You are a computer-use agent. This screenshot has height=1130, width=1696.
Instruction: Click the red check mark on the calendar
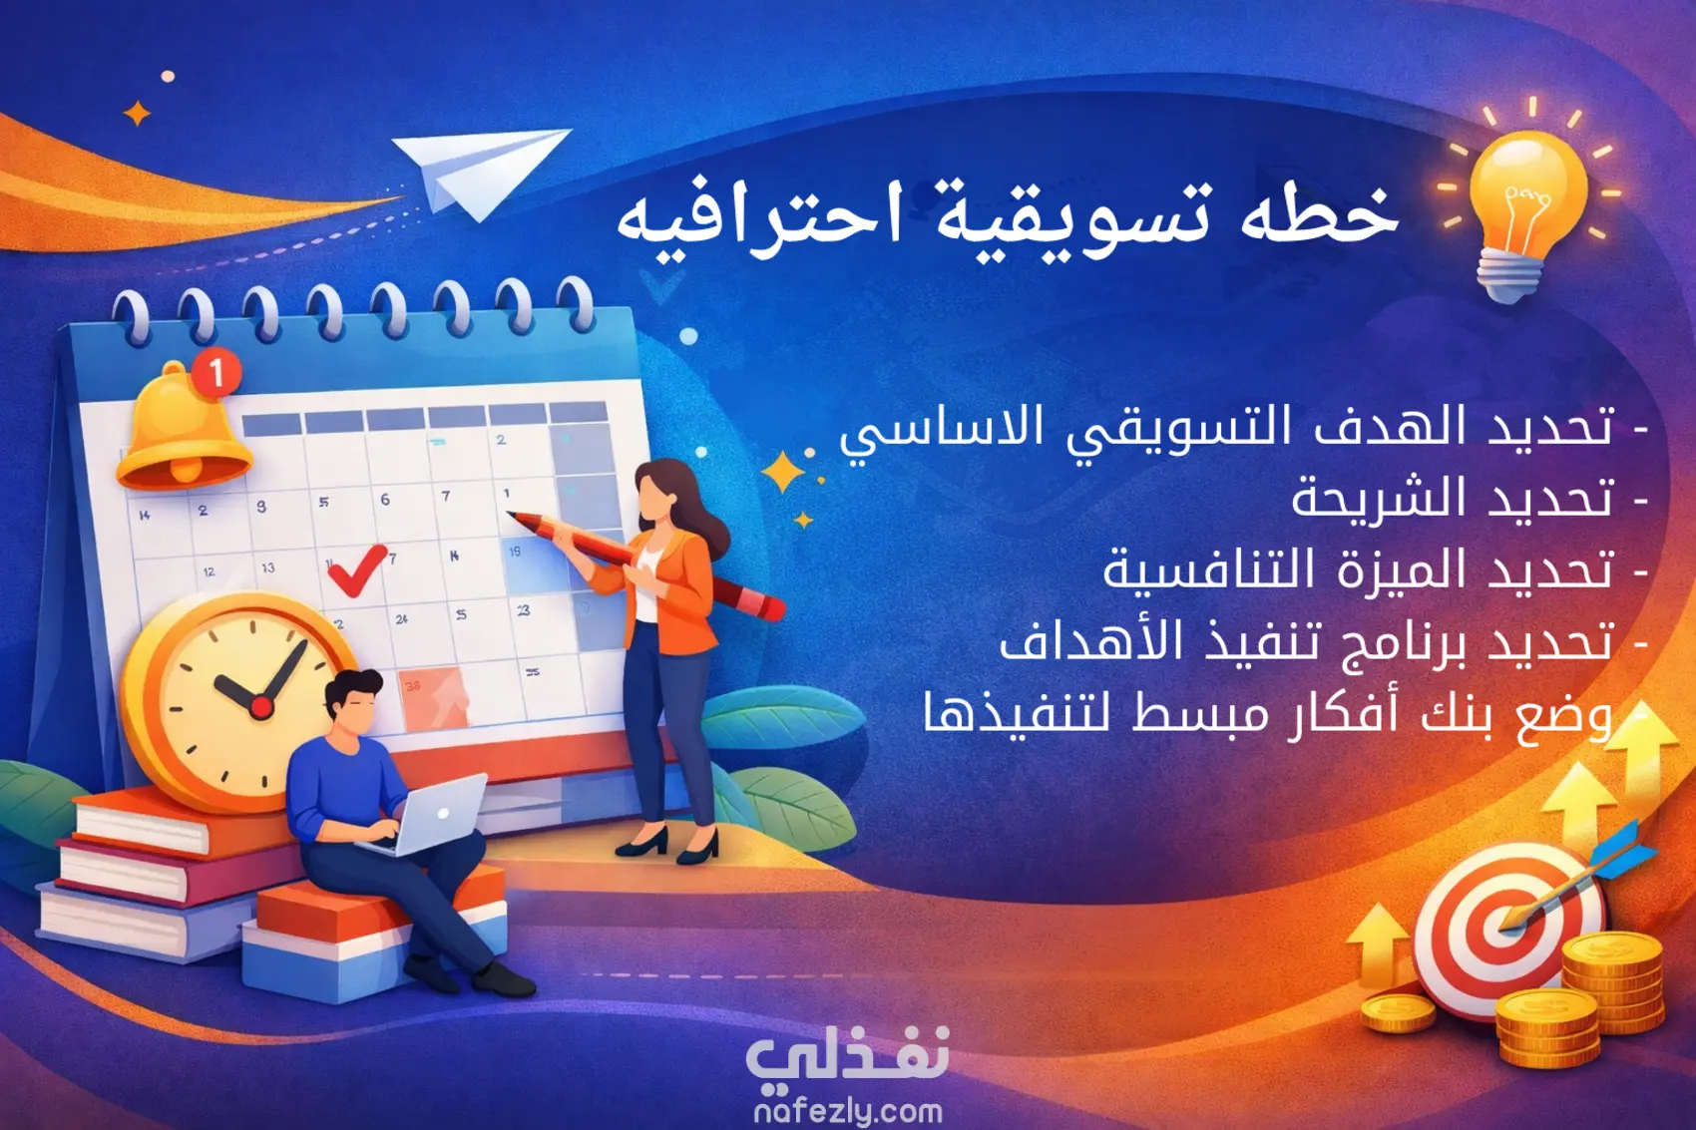tap(356, 569)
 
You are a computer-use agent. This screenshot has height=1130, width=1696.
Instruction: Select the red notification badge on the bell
tap(216, 372)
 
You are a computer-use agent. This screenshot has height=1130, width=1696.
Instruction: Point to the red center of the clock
tap(261, 708)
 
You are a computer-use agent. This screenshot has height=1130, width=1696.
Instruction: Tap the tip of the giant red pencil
tap(509, 515)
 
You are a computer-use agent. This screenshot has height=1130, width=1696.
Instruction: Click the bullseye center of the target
tap(1502, 925)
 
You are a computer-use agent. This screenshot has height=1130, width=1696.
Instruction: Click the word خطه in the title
tap(1319, 215)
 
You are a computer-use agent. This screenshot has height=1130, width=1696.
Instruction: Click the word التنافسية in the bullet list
tap(1208, 569)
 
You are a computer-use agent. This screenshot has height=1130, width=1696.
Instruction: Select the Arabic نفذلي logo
tap(848, 1056)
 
